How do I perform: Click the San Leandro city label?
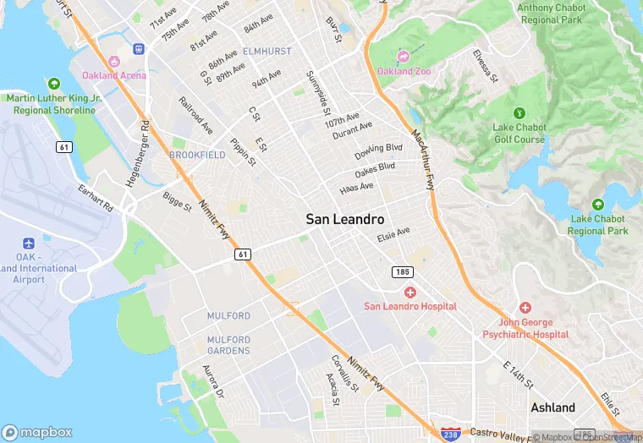(x=344, y=218)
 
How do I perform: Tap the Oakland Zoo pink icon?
(x=404, y=57)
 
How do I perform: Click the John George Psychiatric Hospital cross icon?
(x=525, y=308)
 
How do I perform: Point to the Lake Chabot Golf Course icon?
(x=519, y=112)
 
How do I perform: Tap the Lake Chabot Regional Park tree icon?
(x=598, y=205)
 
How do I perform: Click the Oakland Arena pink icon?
(x=113, y=61)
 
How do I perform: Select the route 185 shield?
(x=402, y=271)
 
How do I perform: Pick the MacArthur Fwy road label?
(x=423, y=160)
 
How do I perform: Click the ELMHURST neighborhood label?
(x=267, y=52)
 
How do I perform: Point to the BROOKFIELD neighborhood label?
(x=197, y=156)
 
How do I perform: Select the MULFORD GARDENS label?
(x=228, y=345)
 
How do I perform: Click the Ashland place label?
(x=552, y=407)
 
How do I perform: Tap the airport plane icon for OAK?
(x=28, y=243)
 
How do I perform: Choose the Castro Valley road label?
(x=500, y=432)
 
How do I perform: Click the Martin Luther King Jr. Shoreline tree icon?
(x=54, y=84)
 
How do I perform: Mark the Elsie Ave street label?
(x=393, y=232)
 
